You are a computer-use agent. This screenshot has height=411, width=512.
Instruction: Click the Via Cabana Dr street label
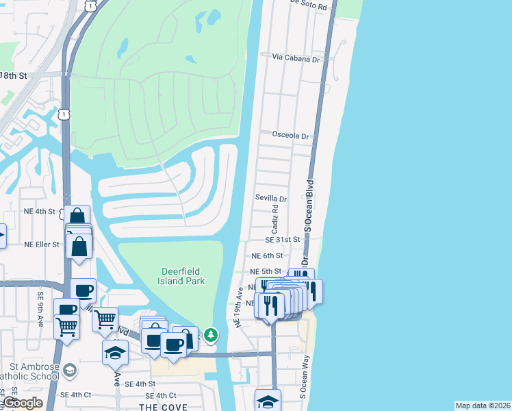click(296, 59)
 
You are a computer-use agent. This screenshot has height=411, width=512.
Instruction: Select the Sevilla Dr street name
click(270, 199)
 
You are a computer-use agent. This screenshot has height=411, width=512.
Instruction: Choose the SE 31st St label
click(283, 240)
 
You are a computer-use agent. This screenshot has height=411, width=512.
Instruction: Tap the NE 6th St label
click(266, 256)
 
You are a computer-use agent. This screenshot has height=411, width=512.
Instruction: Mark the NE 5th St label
click(266, 271)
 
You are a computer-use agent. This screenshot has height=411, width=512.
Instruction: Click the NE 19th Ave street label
click(240, 306)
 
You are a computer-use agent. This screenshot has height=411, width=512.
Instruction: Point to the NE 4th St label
click(38, 212)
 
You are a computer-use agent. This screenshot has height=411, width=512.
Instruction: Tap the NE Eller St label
click(43, 244)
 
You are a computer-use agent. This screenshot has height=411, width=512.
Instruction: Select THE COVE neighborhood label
click(159, 407)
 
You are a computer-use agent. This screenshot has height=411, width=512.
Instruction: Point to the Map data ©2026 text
click(483, 406)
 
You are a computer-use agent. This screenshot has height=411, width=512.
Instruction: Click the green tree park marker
click(212, 335)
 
